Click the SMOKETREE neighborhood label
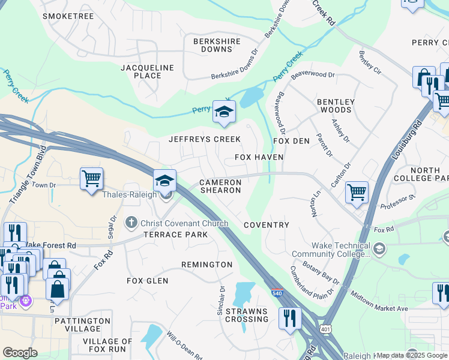(68, 16)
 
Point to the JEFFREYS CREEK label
(204, 139)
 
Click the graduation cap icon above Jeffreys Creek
(224, 112)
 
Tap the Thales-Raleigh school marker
(164, 180)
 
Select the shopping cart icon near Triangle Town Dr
(91, 178)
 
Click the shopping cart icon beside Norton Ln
(357, 193)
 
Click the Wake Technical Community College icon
(379, 248)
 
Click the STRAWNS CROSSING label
(246, 315)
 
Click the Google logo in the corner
(20, 353)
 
